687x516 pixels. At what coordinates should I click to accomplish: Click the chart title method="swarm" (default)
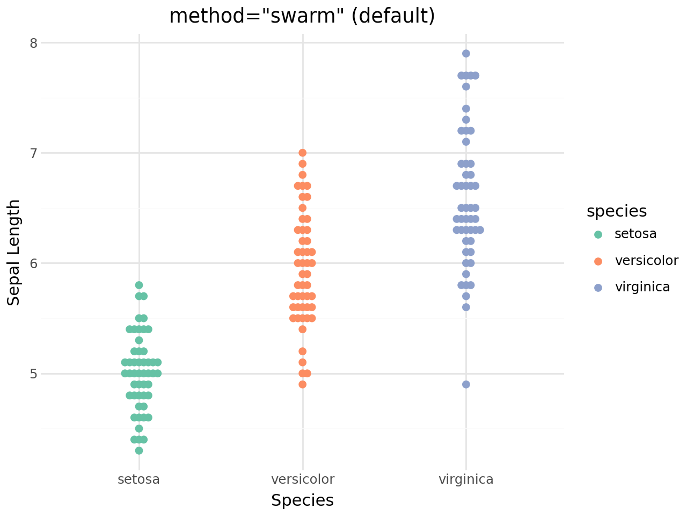tap(302, 16)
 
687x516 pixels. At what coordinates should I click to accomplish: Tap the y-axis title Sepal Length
tap(14, 253)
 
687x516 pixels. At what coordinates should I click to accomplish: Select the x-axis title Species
tap(302, 500)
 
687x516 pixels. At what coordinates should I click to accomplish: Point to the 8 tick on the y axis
tap(33, 43)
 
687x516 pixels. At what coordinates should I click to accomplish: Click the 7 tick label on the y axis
tap(33, 153)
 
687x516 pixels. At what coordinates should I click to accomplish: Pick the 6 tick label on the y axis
tap(33, 263)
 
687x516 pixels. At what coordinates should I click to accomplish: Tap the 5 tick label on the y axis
tap(33, 374)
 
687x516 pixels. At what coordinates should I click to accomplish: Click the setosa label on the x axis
tap(138, 479)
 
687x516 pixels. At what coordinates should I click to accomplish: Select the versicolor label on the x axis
tap(303, 479)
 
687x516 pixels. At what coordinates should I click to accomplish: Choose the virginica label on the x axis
tap(466, 479)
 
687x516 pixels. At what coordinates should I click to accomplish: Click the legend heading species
tap(617, 211)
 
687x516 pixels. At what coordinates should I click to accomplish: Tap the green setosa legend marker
tap(598, 234)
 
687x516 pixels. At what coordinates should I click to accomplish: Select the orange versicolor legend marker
tap(598, 261)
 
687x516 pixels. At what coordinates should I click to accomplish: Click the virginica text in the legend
tap(642, 287)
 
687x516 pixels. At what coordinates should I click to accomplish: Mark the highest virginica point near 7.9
tap(466, 53)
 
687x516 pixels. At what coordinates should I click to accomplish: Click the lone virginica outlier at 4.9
tap(466, 384)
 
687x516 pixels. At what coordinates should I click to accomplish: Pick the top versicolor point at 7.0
tap(303, 153)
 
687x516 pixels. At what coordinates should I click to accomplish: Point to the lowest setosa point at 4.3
tap(139, 450)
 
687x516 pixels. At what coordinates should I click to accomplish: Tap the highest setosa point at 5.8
tap(139, 285)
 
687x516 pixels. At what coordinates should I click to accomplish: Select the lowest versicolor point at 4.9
tap(303, 384)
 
